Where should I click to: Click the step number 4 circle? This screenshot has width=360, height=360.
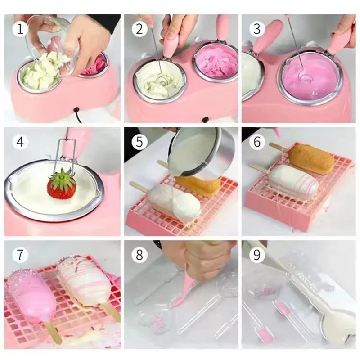[19, 143]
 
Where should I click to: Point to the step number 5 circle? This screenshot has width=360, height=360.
[139, 143]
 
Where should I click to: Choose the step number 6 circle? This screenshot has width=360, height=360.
[257, 143]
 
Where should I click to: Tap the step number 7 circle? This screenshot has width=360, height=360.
[19, 255]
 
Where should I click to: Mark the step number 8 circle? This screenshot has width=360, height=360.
[139, 255]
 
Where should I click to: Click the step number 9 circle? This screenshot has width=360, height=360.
[257, 255]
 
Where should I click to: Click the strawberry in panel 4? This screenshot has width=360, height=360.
[62, 188]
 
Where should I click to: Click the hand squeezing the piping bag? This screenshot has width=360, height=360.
[198, 259]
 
